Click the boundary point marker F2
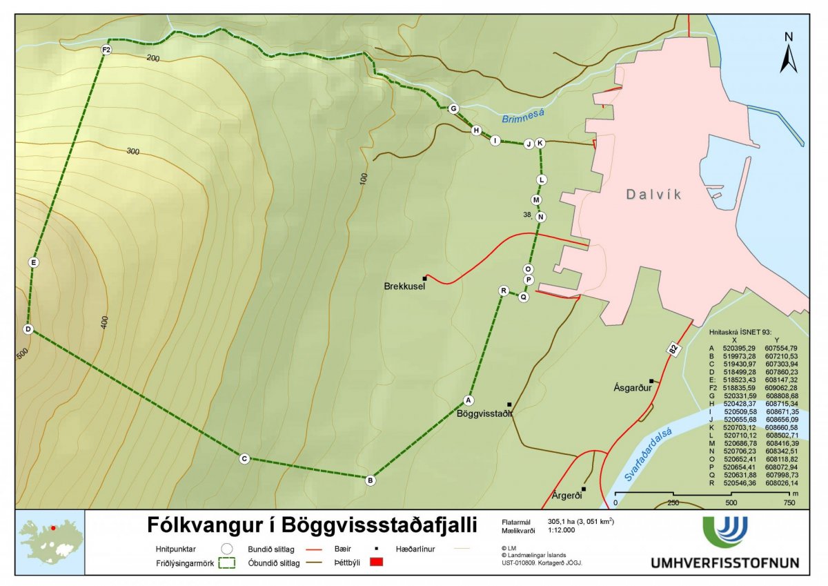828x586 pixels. pos(106,50)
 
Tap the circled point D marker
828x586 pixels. pos(28,329)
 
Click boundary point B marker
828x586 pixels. pos(371,480)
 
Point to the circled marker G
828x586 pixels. pos(453,108)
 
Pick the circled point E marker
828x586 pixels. pos(33,262)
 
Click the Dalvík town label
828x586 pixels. pos(653,195)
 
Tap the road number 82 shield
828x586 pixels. pos(671,350)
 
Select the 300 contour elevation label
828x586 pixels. pos(133,150)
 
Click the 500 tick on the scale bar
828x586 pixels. pos(730,502)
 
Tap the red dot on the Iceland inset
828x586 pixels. pos(52,527)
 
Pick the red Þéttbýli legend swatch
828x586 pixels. pos(376,563)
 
